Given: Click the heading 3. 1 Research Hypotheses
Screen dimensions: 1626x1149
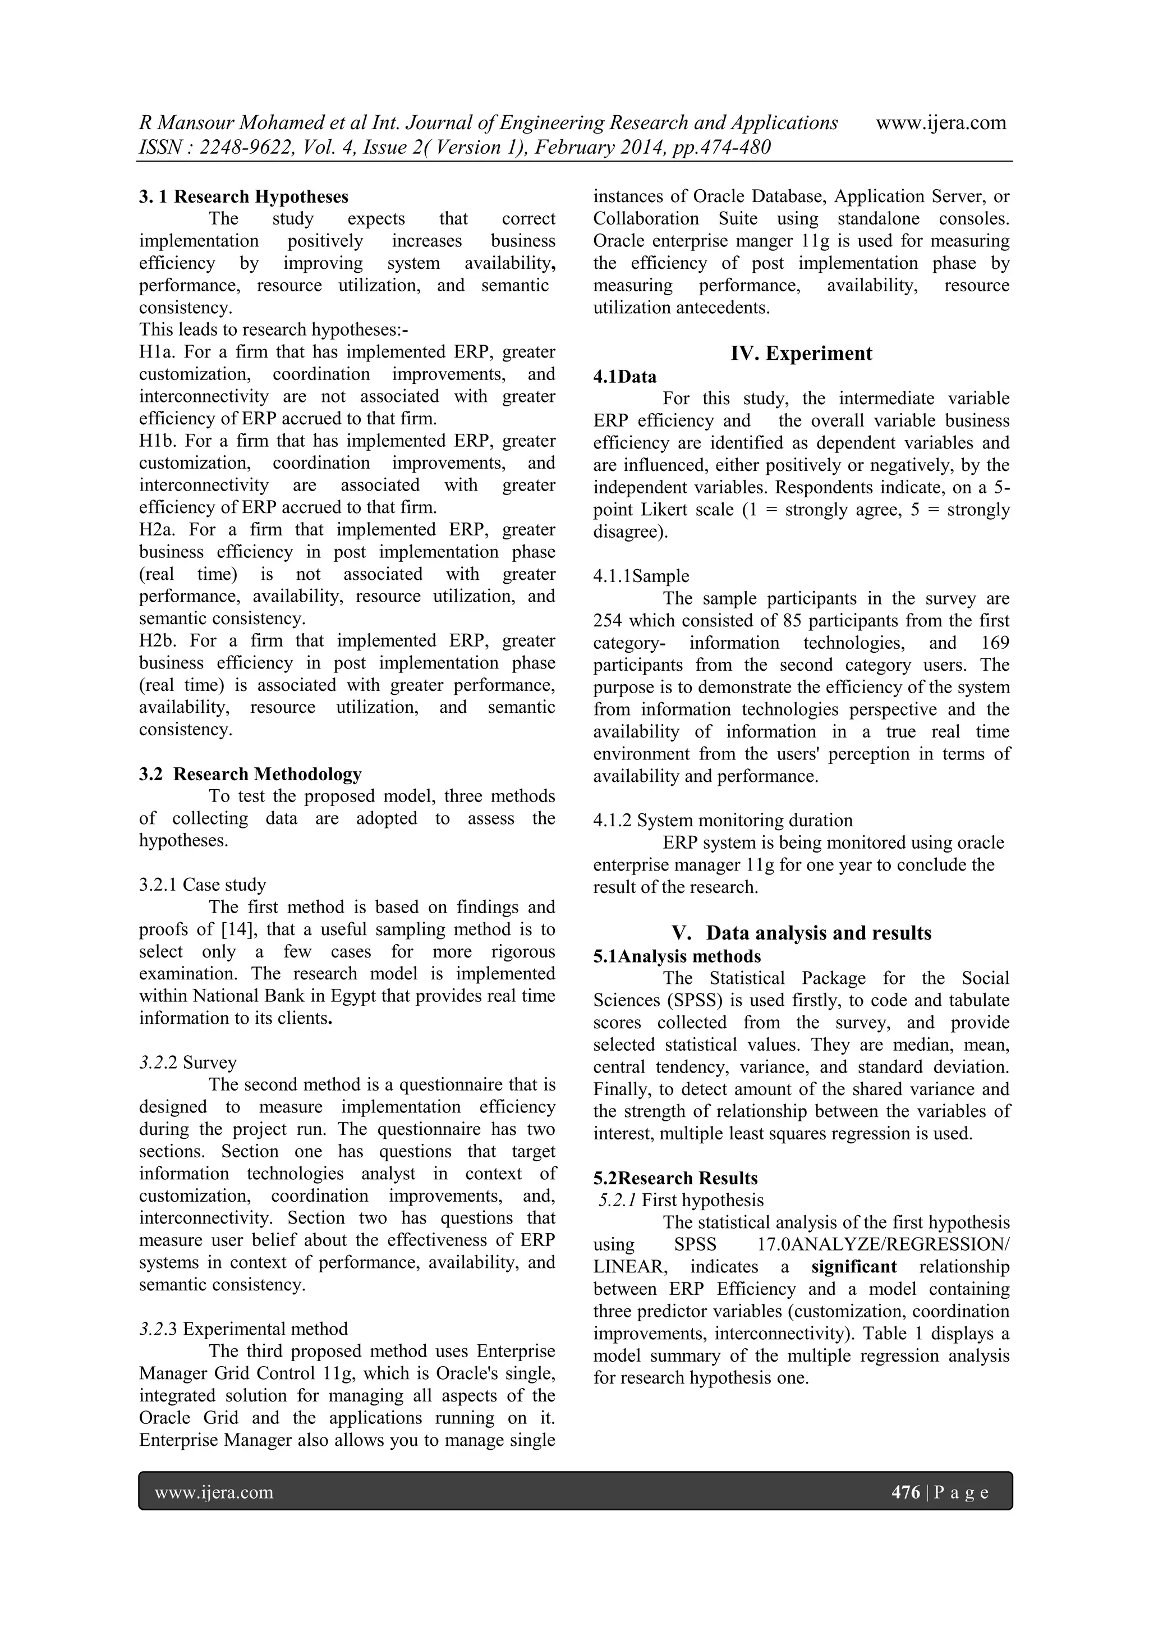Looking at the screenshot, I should pyautogui.click(x=243, y=196).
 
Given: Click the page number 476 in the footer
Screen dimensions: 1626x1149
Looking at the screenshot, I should pyautogui.click(x=906, y=1492).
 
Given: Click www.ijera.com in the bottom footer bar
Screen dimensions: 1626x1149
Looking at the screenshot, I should pyautogui.click(x=214, y=1492).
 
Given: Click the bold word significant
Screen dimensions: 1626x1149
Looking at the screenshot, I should pyautogui.click(x=854, y=1266).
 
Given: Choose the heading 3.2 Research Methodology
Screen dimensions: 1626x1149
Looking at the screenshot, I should pyautogui.click(x=250, y=773).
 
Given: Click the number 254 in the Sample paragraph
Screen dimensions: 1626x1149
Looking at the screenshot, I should pyautogui.click(x=608, y=620).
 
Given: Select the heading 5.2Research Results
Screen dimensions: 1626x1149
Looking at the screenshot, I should pyautogui.click(x=675, y=1178).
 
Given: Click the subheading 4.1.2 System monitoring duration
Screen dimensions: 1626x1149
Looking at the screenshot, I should pyautogui.click(x=722, y=820).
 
